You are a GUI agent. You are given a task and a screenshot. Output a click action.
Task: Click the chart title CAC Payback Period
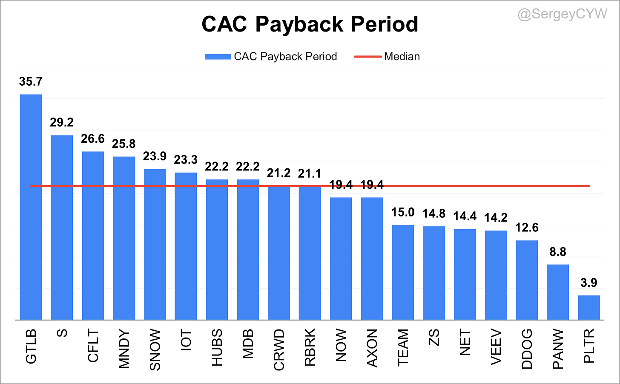[x=310, y=24]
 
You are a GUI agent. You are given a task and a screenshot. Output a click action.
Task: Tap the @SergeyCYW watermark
[x=563, y=14]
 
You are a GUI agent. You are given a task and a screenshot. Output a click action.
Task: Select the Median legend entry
[x=387, y=57]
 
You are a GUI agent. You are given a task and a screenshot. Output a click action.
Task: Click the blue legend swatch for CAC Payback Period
[x=218, y=57]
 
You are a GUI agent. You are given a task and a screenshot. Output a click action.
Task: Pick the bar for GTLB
[x=31, y=207]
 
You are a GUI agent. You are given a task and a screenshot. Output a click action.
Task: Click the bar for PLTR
[x=589, y=308]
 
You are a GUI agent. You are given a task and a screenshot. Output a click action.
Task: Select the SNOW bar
[x=155, y=244]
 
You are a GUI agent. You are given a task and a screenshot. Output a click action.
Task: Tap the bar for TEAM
[x=403, y=272]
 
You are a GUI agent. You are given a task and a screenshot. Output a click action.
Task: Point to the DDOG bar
[x=527, y=280]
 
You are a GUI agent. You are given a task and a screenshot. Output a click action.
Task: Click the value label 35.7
[x=31, y=81]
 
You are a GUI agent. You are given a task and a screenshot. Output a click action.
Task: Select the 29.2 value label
[x=62, y=122]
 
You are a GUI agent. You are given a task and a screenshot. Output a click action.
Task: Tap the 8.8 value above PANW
[x=558, y=252]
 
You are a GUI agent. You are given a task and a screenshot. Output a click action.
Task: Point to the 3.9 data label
[x=589, y=283]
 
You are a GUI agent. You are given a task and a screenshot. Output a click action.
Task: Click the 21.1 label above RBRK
[x=310, y=174]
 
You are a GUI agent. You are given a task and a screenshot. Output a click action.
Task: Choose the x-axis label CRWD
[x=279, y=349]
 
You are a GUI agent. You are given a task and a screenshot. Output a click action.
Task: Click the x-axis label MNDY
[x=124, y=349]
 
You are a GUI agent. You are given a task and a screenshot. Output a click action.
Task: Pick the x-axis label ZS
[x=434, y=338]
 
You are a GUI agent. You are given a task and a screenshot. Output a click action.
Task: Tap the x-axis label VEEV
[x=496, y=347]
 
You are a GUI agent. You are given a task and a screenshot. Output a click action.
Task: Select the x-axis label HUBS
[x=217, y=347]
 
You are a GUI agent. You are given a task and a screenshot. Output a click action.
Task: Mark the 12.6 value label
[x=527, y=228]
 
